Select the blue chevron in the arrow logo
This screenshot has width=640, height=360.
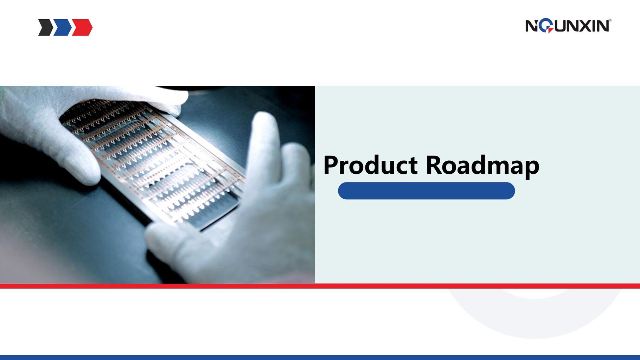click(x=63, y=27)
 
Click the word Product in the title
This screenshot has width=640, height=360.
click(x=370, y=165)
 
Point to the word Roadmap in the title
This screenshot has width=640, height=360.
click(x=482, y=165)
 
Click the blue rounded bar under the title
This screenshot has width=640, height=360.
click(x=426, y=191)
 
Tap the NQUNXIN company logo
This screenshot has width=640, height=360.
click(x=568, y=26)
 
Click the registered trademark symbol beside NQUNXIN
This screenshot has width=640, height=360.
click(x=610, y=20)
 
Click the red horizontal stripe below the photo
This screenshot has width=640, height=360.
click(x=320, y=286)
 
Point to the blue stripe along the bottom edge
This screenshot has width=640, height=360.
click(x=320, y=357)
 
